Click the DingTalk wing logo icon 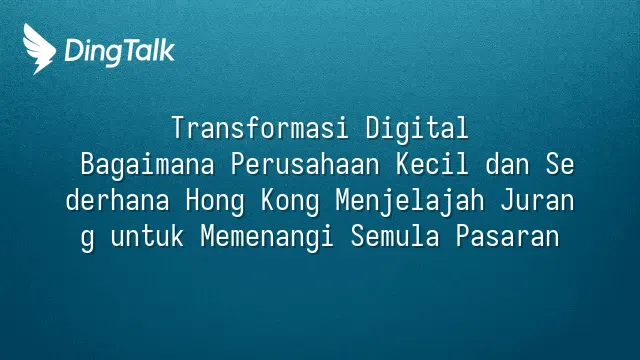(x=39, y=49)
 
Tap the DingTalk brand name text (x=120, y=52)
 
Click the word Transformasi (x=260, y=128)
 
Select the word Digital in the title (x=417, y=128)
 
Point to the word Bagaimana (x=147, y=165)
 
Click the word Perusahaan (x=305, y=164)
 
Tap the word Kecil (x=432, y=164)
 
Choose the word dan (x=507, y=164)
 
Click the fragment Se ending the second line (x=560, y=164)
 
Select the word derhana (x=118, y=200)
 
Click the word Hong (x=215, y=201)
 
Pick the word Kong (x=290, y=201)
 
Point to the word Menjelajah (x=410, y=201)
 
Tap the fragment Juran (x=538, y=200)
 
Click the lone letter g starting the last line (x=87, y=239)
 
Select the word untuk (x=147, y=236)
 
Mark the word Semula (x=395, y=236)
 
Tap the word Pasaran (x=508, y=236)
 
